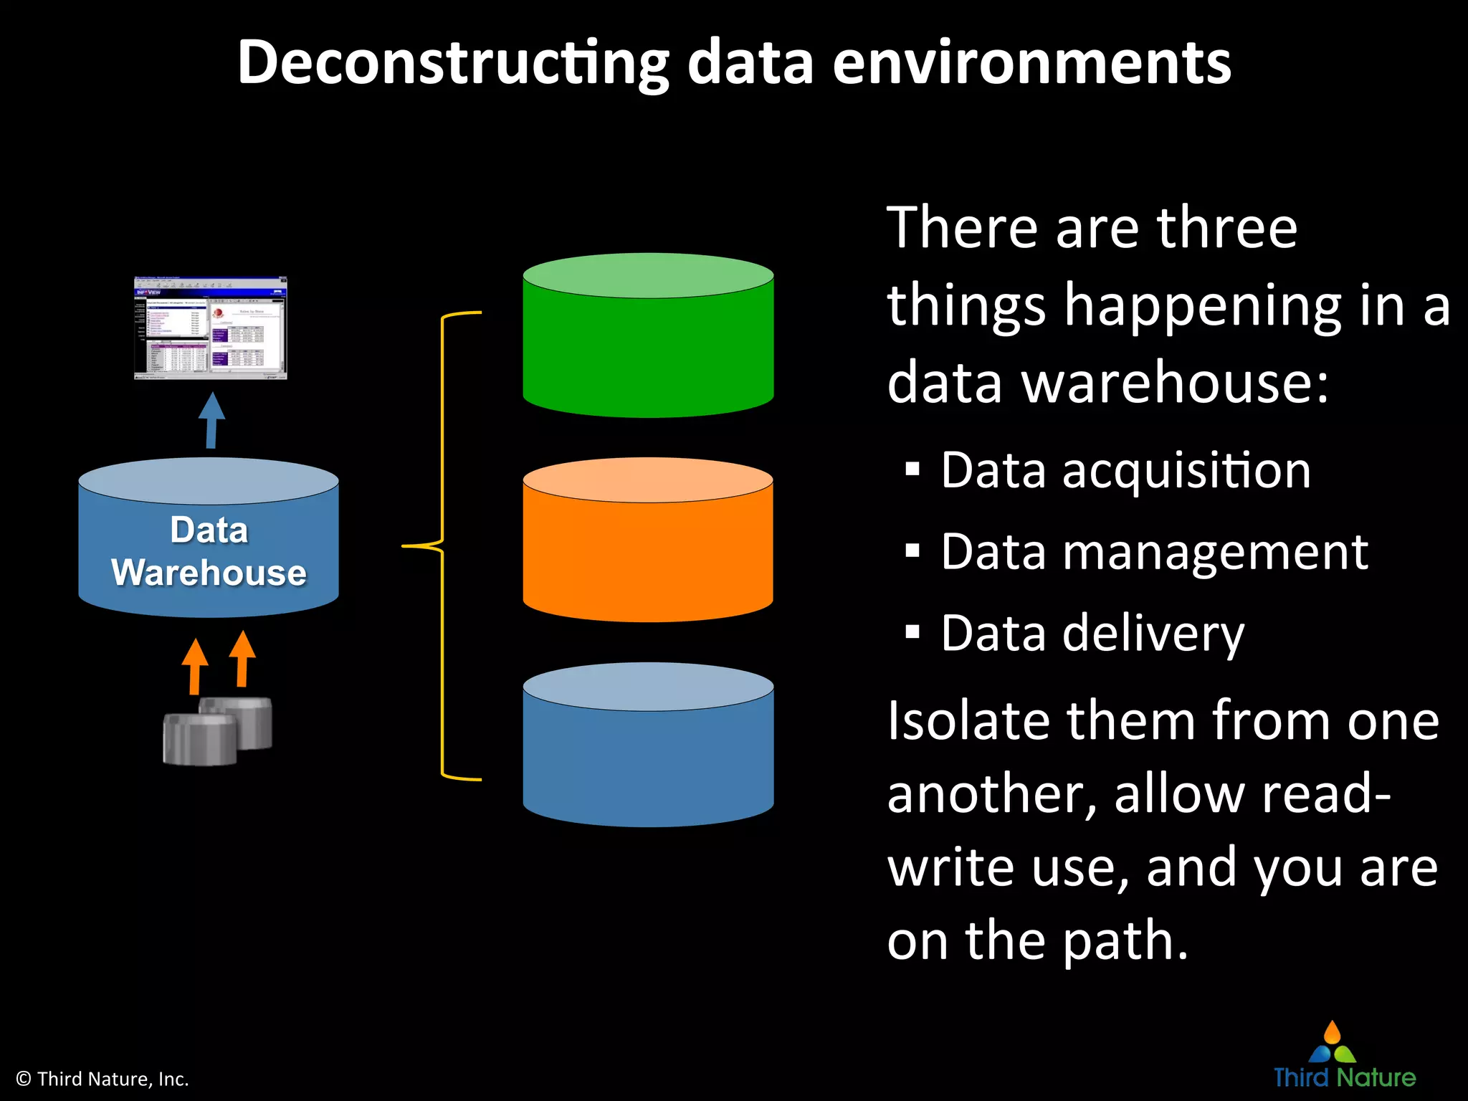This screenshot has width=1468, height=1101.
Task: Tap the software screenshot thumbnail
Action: [x=211, y=328]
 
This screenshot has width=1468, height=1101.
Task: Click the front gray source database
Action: [x=199, y=739]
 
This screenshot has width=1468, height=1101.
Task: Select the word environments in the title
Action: [x=1031, y=63]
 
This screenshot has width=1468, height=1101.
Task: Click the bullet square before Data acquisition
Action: [x=912, y=470]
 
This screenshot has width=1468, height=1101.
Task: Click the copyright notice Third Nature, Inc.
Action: [x=103, y=1079]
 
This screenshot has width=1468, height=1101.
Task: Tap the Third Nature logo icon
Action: [x=1333, y=1043]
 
